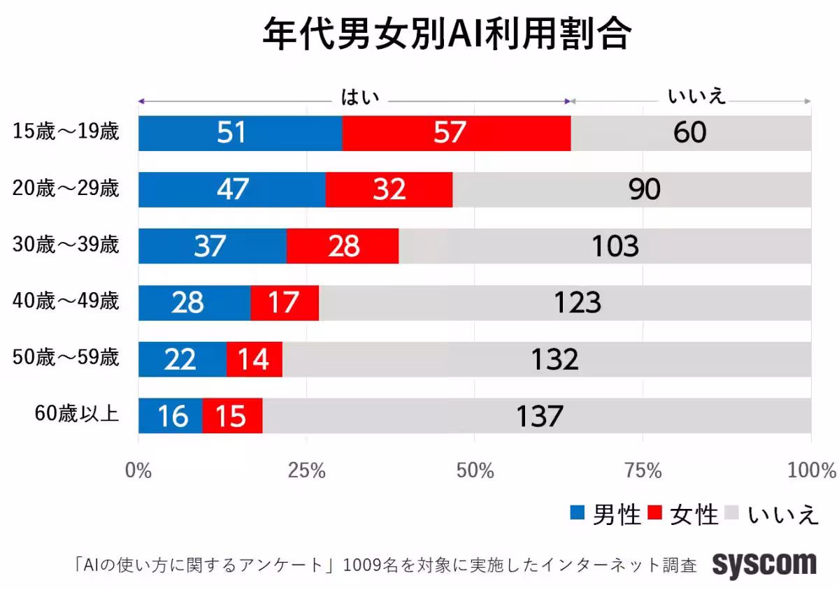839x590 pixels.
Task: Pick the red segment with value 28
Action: pyautogui.click(x=343, y=246)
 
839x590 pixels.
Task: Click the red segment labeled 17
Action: pyautogui.click(x=284, y=303)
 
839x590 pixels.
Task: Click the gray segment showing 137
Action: pyautogui.click(x=538, y=416)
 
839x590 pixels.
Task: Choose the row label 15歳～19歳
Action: pyautogui.click(x=66, y=132)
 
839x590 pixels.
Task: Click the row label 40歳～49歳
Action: pyautogui.click(x=66, y=302)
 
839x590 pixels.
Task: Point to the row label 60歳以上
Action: pyautogui.click(x=76, y=415)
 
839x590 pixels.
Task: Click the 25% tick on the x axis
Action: pyautogui.click(x=307, y=470)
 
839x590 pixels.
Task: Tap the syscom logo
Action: pyautogui.click(x=764, y=563)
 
